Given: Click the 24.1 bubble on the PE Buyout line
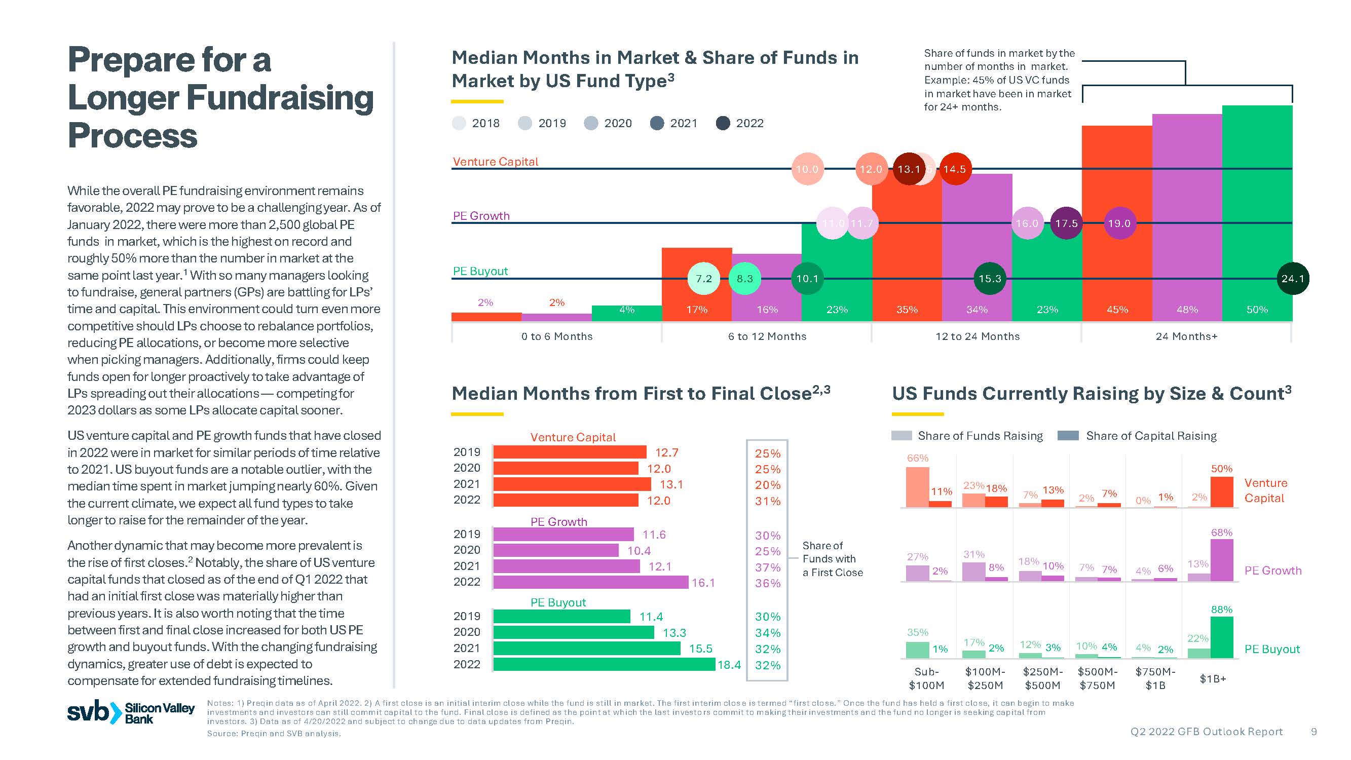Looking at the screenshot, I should click(x=1292, y=279).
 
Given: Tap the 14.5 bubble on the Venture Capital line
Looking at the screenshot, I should click(x=954, y=169).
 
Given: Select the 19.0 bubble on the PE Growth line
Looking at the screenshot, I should click(x=1119, y=223).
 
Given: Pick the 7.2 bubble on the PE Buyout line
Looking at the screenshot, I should click(x=703, y=279).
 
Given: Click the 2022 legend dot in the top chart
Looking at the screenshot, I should click(x=723, y=123).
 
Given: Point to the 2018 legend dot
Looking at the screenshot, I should click(x=459, y=123).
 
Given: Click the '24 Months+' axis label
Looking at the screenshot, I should click(x=1186, y=336).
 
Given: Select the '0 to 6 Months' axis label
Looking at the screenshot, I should click(x=556, y=336).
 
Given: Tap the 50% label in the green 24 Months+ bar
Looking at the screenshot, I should click(x=1257, y=310).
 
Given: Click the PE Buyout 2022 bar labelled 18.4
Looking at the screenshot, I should click(x=604, y=665).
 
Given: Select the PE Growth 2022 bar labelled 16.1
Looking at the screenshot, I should click(x=590, y=582).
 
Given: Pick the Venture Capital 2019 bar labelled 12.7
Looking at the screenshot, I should click(x=570, y=452).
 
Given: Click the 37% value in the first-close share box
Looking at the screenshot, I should click(x=768, y=567).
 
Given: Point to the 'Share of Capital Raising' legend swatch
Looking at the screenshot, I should click(x=1068, y=436).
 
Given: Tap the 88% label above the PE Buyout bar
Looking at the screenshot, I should click(x=1221, y=610).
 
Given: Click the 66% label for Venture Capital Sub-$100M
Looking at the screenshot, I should click(x=917, y=458).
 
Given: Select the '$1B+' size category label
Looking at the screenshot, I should click(x=1213, y=679).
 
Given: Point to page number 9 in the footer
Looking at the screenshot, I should click(x=1314, y=732).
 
